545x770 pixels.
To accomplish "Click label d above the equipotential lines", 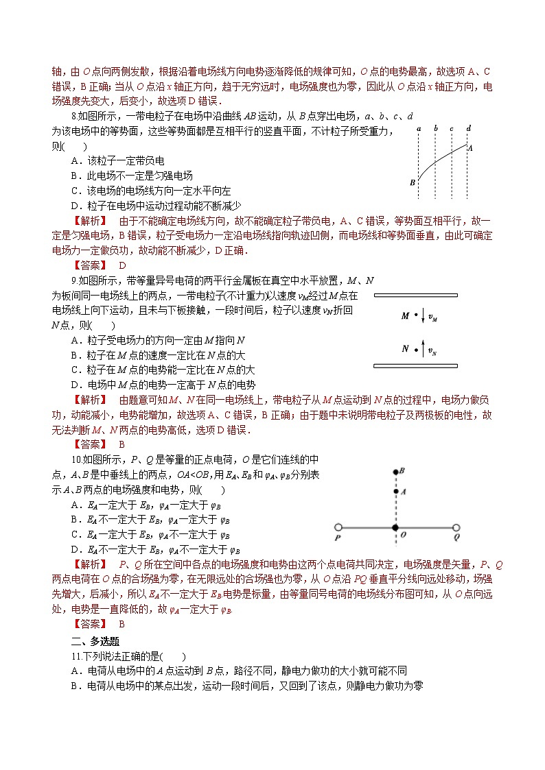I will (x=468, y=128).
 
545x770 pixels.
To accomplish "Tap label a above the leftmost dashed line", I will (x=419, y=128).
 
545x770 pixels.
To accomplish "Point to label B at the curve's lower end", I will (x=412, y=183).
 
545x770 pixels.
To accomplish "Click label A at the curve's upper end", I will (x=470, y=147).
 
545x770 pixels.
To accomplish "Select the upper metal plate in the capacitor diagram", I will (x=416, y=296).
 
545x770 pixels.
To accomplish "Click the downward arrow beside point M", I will (x=423, y=317).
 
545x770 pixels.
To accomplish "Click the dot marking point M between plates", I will (x=415, y=316).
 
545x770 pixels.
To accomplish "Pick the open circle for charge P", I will (x=337, y=528).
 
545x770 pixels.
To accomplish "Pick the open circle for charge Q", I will (x=456, y=528).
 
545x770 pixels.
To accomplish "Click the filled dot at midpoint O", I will (x=395, y=528).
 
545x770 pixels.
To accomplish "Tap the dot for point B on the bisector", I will (x=395, y=472).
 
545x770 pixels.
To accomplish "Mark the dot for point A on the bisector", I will (x=395, y=491).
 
